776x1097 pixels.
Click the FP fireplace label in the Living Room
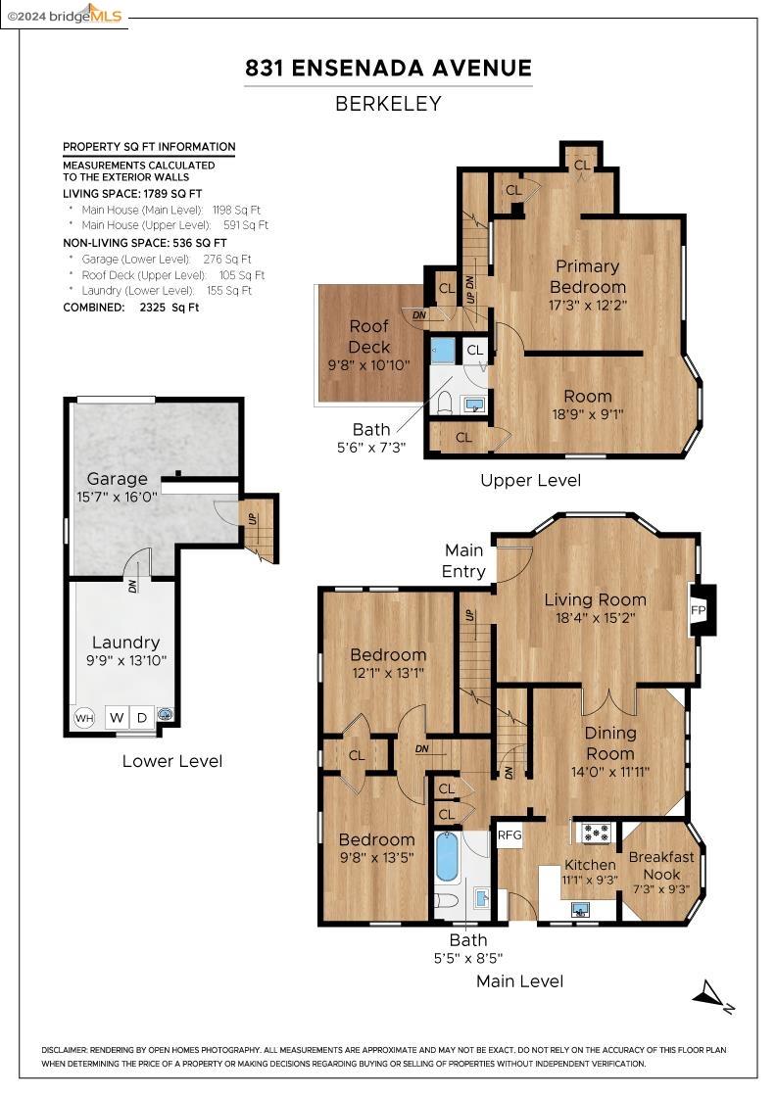[x=699, y=610]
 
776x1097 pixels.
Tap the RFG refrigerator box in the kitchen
[x=509, y=835]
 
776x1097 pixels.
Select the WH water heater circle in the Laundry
[x=84, y=718]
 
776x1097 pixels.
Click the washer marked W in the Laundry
[x=117, y=718]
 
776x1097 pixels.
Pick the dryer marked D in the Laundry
[x=142, y=718]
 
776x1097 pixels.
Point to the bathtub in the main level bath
[x=447, y=857]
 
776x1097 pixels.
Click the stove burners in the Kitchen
[x=596, y=833]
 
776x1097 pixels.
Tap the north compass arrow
[x=711, y=997]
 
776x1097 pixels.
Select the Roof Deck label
[x=368, y=336]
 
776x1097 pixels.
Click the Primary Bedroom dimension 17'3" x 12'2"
[x=587, y=305]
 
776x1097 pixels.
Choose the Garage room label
[x=117, y=479]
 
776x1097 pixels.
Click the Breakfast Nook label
[x=661, y=864]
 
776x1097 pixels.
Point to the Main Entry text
[x=464, y=560]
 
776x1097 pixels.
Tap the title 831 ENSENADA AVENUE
[x=388, y=68]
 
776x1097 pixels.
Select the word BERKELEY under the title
[x=388, y=103]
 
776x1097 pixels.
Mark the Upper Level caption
[x=530, y=480]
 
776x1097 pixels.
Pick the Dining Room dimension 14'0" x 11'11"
[x=609, y=771]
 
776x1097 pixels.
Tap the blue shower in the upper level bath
[x=443, y=351]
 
